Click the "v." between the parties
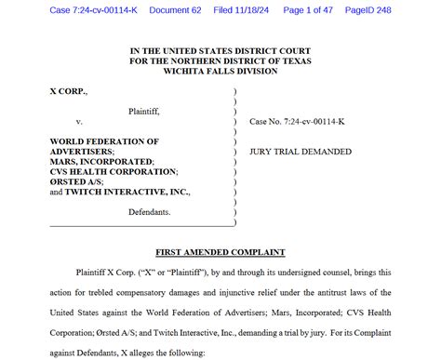pos(79,122)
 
